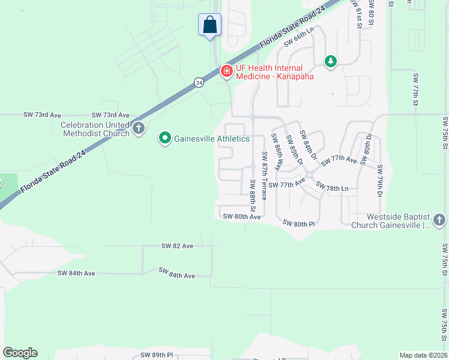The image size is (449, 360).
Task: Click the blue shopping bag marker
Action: pos(209,25)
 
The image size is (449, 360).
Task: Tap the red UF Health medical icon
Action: pos(227,72)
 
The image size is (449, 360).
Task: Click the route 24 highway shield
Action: pos(199,83)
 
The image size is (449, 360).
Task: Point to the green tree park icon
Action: pos(330,61)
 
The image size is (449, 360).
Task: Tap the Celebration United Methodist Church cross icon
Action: pos(139,128)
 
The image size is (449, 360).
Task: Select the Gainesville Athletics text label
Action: pos(211,139)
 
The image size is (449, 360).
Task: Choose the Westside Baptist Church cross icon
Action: pos(440,221)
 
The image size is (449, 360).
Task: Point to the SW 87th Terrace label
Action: pos(264,176)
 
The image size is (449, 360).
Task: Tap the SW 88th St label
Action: pos(253,196)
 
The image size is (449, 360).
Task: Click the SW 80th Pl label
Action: pos(298,224)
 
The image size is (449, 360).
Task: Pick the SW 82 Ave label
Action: pos(177,246)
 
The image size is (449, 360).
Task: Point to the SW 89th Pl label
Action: pos(157,355)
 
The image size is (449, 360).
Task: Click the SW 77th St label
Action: pos(415,92)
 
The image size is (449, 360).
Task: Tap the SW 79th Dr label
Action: pos(380,186)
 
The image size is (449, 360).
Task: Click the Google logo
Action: pos(20,353)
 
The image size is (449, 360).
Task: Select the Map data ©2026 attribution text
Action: pos(423,355)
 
